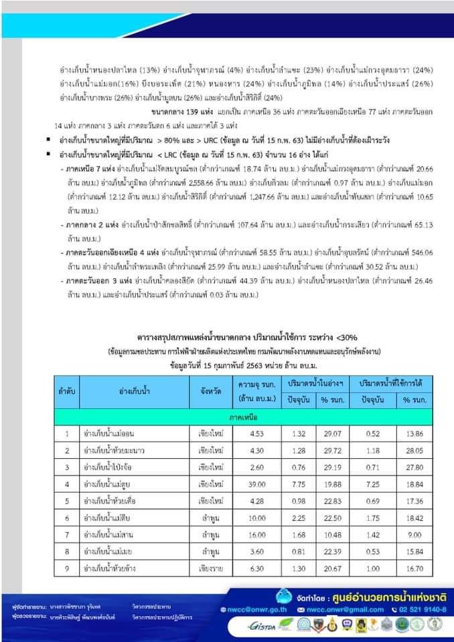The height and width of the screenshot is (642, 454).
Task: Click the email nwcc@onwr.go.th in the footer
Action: coord(264,609)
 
